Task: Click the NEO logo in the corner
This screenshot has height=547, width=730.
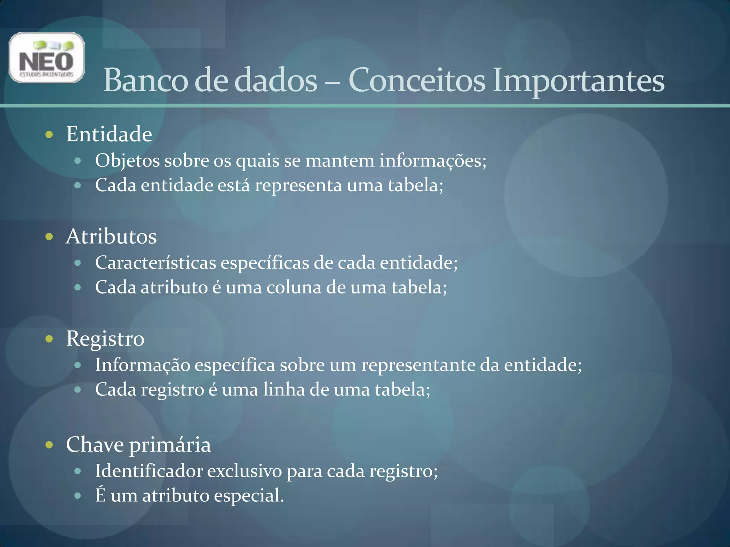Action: click(x=46, y=58)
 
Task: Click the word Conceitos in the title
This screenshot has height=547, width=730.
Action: click(x=417, y=80)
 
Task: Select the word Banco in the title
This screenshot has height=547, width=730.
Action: click(x=145, y=80)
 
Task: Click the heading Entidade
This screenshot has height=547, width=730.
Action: click(x=109, y=134)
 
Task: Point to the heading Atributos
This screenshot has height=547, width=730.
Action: click(x=111, y=236)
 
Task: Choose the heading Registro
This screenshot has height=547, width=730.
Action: click(x=105, y=338)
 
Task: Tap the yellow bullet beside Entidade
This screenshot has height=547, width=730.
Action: click(x=50, y=135)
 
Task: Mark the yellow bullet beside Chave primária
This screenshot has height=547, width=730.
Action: click(x=50, y=445)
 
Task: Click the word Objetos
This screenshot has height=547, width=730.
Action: click(x=127, y=161)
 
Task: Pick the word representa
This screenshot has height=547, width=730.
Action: click(x=298, y=186)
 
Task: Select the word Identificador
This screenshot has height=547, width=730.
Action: click(x=149, y=471)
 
